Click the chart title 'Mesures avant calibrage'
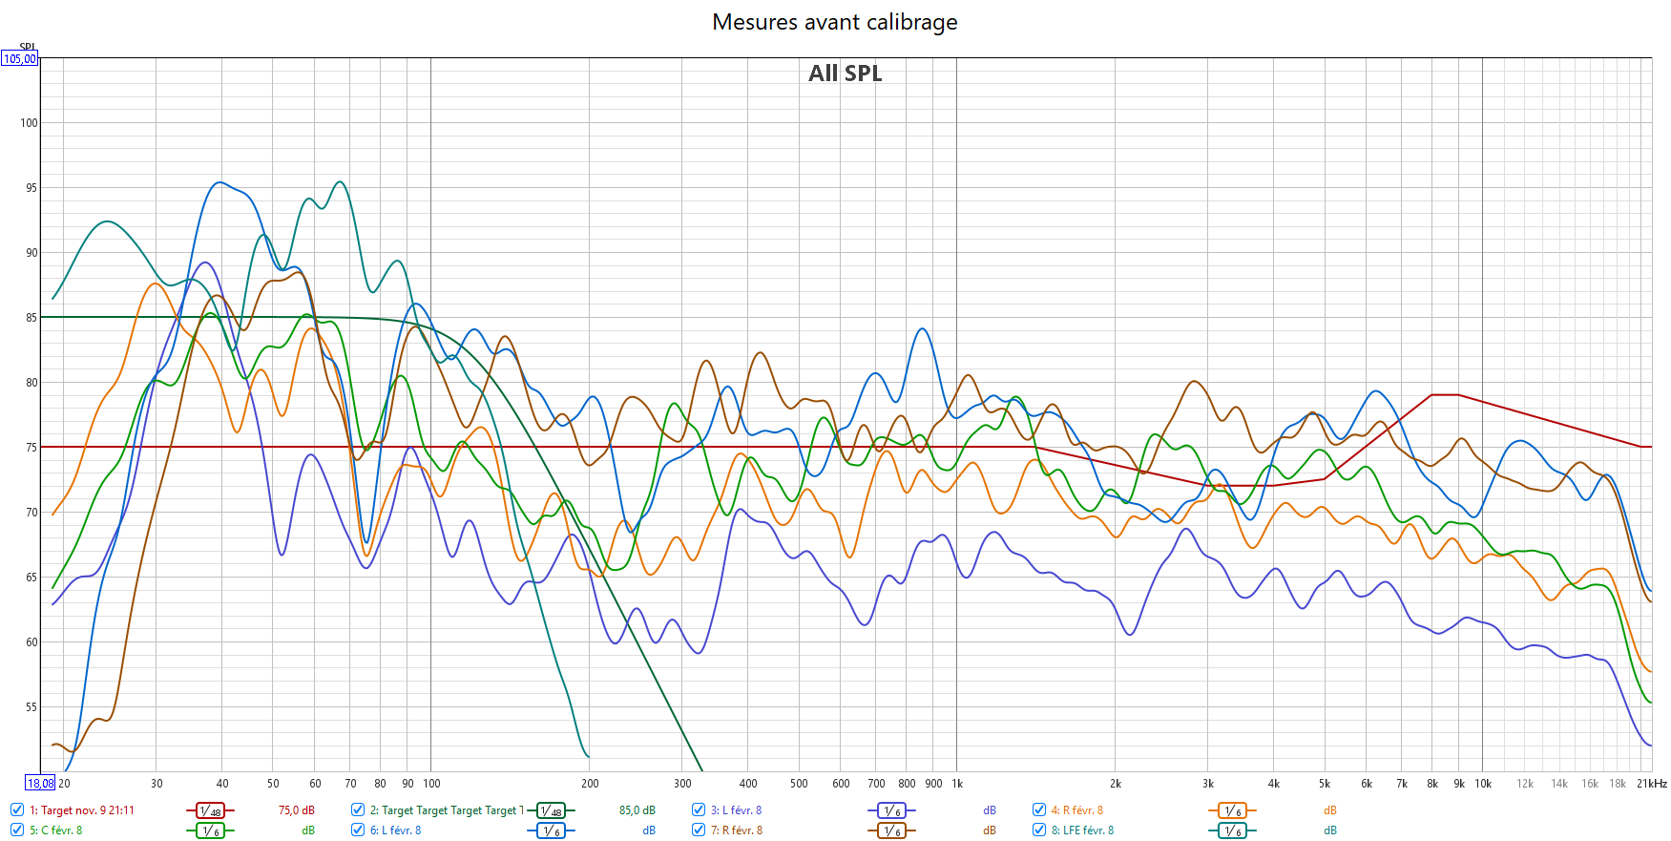(x=834, y=22)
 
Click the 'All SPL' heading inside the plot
(x=845, y=74)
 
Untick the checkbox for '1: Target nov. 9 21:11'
(x=17, y=809)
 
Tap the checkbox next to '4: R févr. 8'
(x=1039, y=809)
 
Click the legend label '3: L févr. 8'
(x=736, y=810)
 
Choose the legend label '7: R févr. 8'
(x=736, y=830)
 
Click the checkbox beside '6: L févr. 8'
(x=358, y=830)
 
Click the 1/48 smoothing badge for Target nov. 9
(x=210, y=810)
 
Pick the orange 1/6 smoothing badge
(x=1232, y=810)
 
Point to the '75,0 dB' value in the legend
(x=296, y=810)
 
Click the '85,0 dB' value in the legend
(x=637, y=810)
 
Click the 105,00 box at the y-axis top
(x=19, y=59)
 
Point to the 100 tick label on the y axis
(x=29, y=123)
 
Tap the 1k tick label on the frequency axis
(x=957, y=784)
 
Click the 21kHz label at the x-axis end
(x=1651, y=784)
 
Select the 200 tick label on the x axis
(x=590, y=784)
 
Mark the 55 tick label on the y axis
(x=31, y=707)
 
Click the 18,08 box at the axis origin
(x=40, y=784)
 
